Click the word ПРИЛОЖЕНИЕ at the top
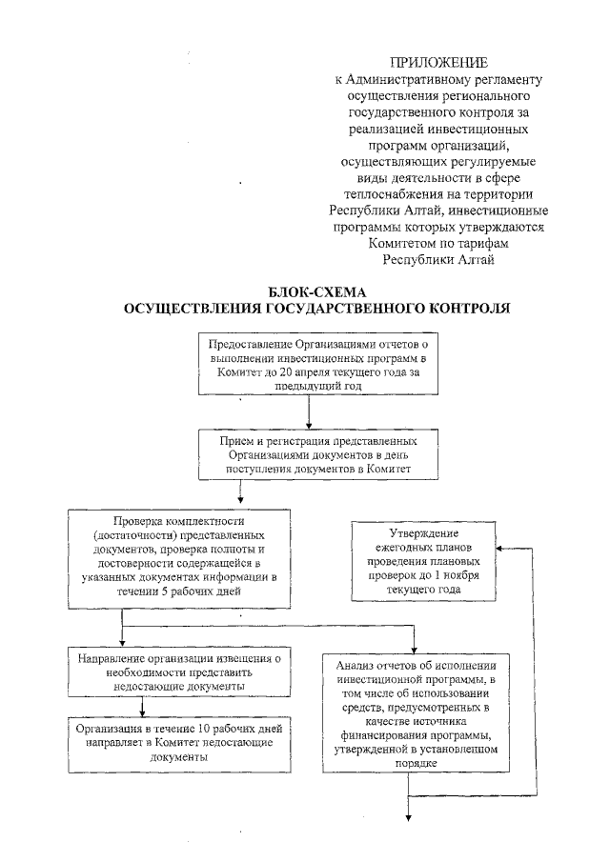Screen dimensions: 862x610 [x=438, y=62]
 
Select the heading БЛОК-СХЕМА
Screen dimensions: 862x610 [x=317, y=292]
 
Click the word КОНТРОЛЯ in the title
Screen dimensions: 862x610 [x=460, y=308]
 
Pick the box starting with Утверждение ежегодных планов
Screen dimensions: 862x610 [x=424, y=562]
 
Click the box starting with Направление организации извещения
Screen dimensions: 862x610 [x=178, y=672]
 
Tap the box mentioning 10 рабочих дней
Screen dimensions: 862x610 [x=178, y=743]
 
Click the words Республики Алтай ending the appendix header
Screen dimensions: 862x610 [x=438, y=258]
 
